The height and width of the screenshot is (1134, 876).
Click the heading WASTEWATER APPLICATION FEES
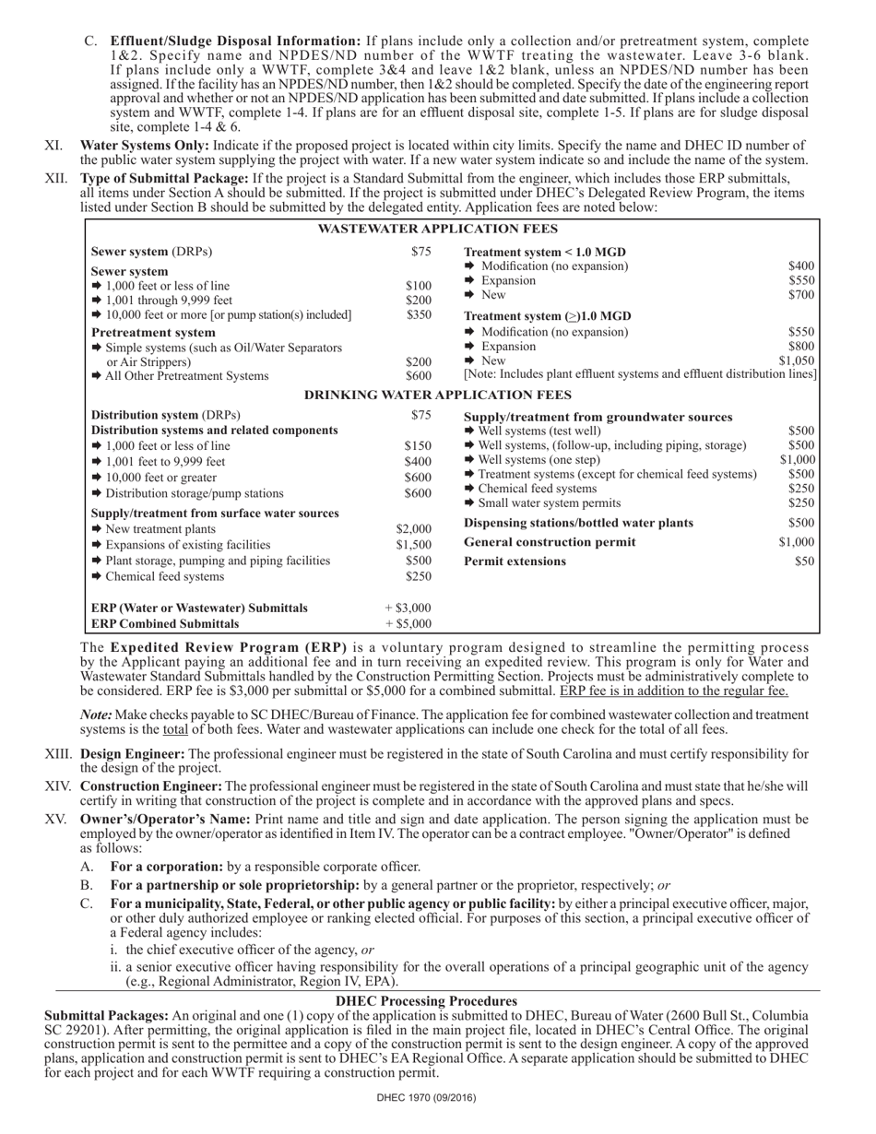437,229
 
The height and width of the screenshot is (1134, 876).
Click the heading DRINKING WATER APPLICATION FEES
437,395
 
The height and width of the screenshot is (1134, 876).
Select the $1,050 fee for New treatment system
797,360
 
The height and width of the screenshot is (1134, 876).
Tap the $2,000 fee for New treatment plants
413,529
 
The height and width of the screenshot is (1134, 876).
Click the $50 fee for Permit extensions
804,561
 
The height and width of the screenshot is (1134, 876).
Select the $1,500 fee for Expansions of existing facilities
413,545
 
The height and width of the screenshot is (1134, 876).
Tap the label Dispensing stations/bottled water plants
578,523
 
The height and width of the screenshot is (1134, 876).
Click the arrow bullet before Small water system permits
469,503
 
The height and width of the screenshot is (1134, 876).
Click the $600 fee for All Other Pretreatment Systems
419,376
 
